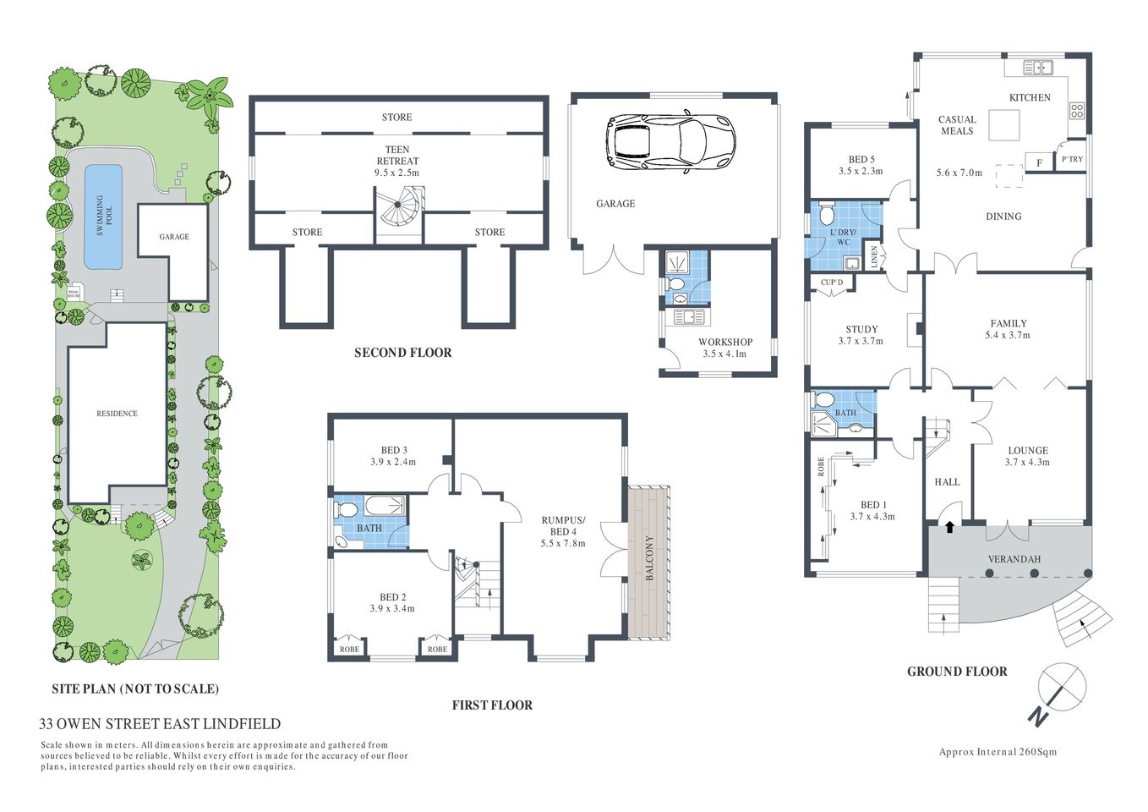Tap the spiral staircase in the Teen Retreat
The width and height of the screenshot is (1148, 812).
400,208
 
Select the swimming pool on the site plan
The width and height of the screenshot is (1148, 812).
103,217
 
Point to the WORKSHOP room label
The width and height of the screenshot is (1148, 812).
724,343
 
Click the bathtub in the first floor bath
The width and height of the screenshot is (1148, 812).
385,506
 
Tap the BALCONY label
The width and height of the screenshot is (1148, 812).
649,557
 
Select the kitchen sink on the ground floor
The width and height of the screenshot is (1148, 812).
1036,68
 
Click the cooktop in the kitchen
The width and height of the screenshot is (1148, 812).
1077,110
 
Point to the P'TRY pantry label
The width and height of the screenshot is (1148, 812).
1072,159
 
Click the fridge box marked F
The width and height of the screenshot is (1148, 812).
1039,162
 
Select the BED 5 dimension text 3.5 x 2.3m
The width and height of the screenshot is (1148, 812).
861,171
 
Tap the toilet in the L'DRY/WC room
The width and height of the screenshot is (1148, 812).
827,211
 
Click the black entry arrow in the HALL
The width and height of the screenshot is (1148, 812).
949,527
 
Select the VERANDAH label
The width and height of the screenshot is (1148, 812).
1014,559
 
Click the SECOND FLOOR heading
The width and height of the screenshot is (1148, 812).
402,353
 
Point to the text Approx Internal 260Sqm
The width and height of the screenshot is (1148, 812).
998,752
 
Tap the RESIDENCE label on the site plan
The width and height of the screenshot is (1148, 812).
117,414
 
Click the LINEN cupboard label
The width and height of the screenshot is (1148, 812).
874,257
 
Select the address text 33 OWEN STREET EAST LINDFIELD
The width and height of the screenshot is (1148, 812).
160,724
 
